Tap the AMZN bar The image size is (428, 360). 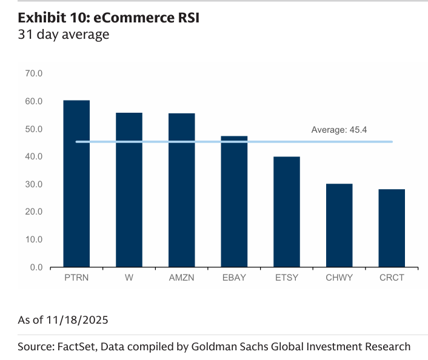click(181, 190)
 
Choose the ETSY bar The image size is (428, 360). click(286, 212)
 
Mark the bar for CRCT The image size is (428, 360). click(391, 228)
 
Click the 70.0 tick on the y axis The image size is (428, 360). click(33, 74)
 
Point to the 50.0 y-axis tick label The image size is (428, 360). click(33, 129)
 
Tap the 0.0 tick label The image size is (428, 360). click(36, 267)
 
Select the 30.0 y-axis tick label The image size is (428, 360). click(33, 184)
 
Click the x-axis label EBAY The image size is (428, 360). click(234, 278)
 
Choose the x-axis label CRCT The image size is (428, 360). click(391, 278)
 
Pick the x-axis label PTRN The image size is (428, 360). click(76, 278)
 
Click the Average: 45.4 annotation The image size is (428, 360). click(339, 130)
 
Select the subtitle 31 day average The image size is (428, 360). click(63, 35)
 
